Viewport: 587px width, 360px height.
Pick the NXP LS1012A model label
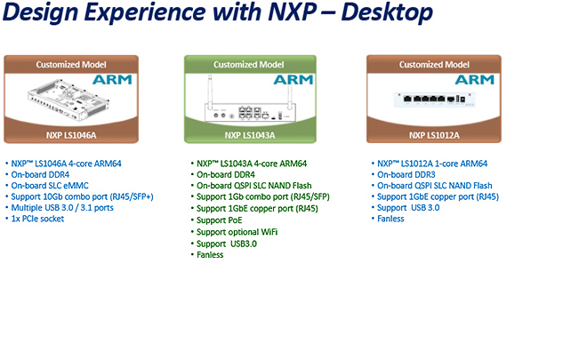click(430, 136)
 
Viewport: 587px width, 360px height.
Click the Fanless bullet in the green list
click(210, 254)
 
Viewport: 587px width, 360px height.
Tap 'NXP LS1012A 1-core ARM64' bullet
click(431, 164)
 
